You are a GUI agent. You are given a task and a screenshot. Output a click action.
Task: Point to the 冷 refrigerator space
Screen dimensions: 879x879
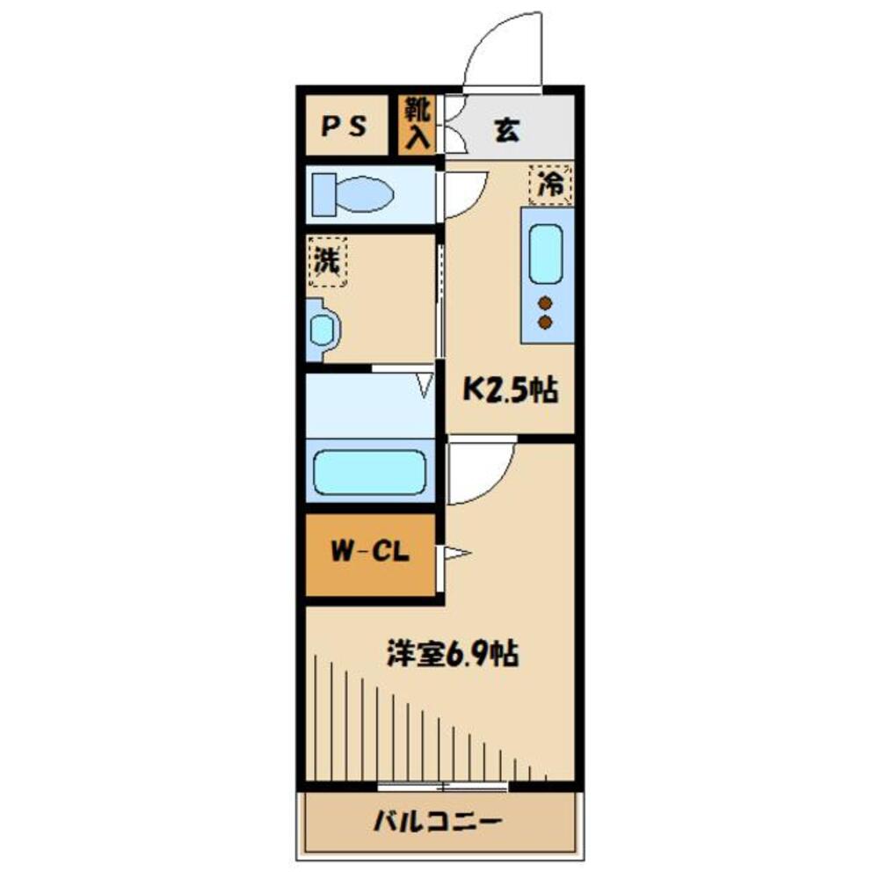point(550,185)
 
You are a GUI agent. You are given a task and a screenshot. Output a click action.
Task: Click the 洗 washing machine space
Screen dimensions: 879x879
point(327,261)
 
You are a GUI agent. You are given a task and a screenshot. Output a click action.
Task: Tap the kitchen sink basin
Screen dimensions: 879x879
point(546,253)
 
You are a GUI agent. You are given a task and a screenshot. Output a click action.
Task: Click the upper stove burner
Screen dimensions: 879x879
point(546,303)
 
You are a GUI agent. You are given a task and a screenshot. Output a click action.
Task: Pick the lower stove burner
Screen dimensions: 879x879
point(546,323)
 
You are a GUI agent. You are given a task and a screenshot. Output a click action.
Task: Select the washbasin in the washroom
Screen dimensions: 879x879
point(323,330)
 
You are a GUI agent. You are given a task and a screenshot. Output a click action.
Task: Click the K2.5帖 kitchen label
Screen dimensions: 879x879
point(511,390)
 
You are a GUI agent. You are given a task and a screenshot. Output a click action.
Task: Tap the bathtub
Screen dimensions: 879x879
point(370,473)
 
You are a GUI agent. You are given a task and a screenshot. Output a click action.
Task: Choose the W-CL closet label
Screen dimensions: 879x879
point(368,554)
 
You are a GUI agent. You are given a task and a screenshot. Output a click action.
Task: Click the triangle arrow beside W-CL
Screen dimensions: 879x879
point(458,554)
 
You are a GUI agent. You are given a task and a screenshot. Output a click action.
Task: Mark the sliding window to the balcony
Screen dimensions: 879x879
point(444,786)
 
